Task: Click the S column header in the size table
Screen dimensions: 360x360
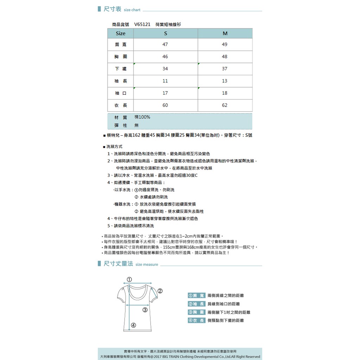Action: (x=166, y=33)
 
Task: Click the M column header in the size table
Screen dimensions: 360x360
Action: (x=225, y=33)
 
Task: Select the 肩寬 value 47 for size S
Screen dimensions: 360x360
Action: (x=165, y=44)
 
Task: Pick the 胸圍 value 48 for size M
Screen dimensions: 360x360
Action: (x=225, y=57)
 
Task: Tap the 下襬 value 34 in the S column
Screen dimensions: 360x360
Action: (x=165, y=69)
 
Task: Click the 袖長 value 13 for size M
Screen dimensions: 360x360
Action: (x=225, y=81)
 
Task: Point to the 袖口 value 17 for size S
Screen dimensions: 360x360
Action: (x=165, y=93)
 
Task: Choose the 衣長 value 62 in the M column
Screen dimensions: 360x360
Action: (x=225, y=105)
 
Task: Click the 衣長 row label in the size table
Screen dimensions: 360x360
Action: (x=121, y=105)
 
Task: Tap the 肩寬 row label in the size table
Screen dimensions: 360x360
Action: (x=121, y=45)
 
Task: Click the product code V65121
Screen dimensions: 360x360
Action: (x=142, y=25)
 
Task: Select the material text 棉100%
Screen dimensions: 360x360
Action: (x=142, y=117)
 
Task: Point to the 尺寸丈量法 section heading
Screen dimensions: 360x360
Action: (x=118, y=264)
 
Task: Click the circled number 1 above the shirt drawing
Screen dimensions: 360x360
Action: (x=129, y=279)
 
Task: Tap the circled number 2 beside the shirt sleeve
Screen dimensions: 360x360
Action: (x=160, y=291)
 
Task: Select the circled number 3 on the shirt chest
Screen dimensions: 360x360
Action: (x=145, y=310)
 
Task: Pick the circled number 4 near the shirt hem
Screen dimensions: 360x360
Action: (x=134, y=325)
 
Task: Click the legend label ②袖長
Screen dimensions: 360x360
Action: (x=197, y=304)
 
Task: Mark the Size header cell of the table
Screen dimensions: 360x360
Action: (x=121, y=33)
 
